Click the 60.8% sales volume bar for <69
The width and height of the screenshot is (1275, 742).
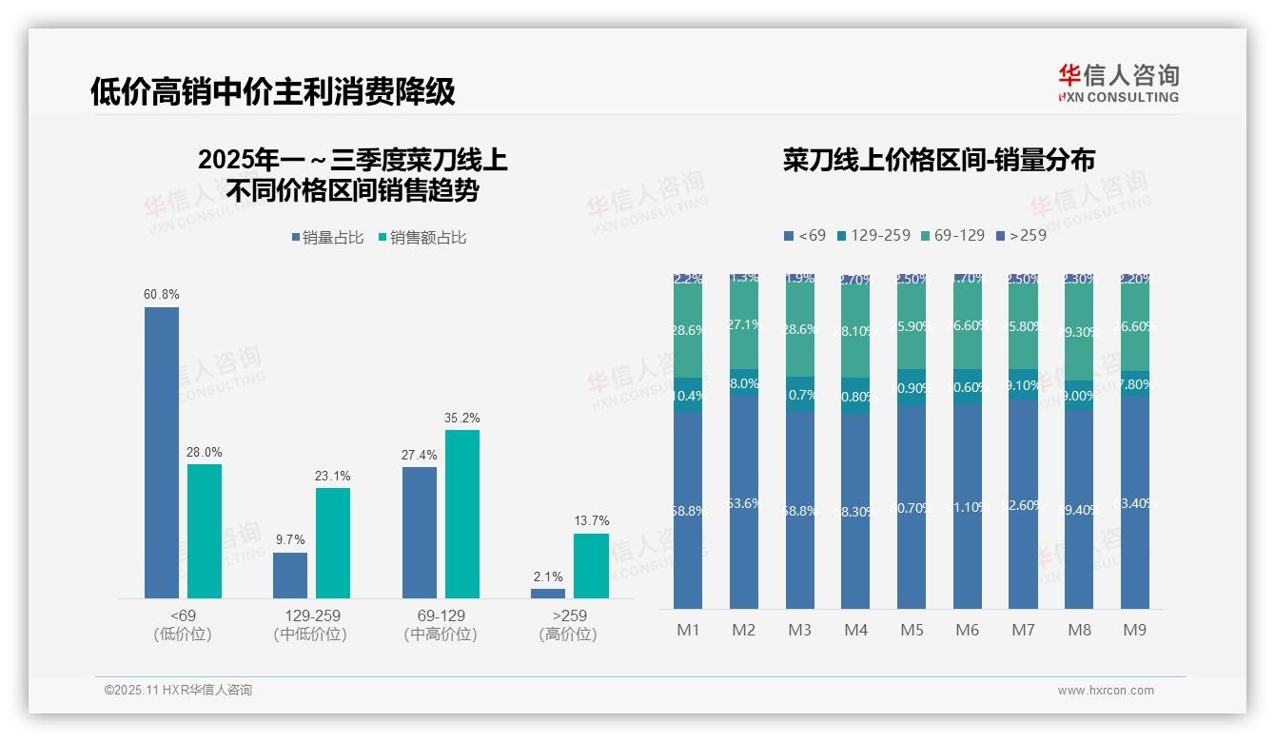(x=162, y=452)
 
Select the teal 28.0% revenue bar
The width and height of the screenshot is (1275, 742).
(x=205, y=531)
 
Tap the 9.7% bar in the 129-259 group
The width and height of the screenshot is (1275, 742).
(x=290, y=575)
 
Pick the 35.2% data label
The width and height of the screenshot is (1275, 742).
(x=462, y=418)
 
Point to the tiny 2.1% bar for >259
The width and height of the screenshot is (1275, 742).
(x=548, y=594)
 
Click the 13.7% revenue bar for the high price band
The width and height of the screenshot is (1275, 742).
(x=591, y=565)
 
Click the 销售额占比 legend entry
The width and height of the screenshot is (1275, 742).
(x=423, y=238)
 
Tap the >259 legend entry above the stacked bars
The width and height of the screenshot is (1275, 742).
(x=1021, y=235)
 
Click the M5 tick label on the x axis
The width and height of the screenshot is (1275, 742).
(x=912, y=630)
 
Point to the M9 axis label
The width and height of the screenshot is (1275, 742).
(x=1135, y=630)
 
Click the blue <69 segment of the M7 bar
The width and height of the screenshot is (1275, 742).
(x=1024, y=504)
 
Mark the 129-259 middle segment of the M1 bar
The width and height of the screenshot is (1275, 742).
(x=688, y=395)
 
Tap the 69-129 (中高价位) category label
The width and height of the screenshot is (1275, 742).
(x=441, y=625)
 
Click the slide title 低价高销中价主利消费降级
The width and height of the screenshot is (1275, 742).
(x=273, y=91)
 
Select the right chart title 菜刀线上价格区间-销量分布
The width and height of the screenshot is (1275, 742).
(x=939, y=160)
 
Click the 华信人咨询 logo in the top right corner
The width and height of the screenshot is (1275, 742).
(x=1118, y=83)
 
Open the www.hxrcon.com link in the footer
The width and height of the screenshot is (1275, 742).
(x=1106, y=691)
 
